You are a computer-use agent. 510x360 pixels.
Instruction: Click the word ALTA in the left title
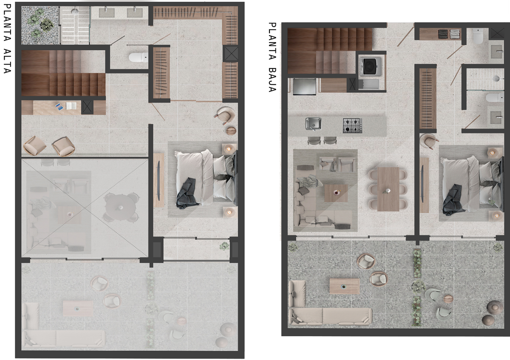(x=7, y=61)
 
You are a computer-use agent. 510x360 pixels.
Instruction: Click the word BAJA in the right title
(x=272, y=80)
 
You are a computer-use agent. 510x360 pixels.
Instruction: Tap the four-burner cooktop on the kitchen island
(x=352, y=125)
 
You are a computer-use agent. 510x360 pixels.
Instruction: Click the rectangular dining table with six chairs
(x=388, y=189)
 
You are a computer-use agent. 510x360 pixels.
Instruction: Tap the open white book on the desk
(x=71, y=106)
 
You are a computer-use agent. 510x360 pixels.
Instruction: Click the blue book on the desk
(x=59, y=107)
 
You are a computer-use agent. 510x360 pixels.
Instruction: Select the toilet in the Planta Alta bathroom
(x=138, y=57)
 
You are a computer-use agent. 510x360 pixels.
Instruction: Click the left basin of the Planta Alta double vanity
(x=107, y=13)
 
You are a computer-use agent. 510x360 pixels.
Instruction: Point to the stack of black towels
(x=442, y=34)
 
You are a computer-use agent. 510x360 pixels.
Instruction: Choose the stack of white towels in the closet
(x=455, y=34)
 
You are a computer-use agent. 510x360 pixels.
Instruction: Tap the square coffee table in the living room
(x=336, y=193)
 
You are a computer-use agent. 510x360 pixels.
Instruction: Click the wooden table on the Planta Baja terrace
(x=345, y=286)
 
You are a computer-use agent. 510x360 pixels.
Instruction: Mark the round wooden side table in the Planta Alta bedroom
(x=231, y=131)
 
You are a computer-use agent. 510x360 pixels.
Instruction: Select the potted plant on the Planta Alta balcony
(x=224, y=246)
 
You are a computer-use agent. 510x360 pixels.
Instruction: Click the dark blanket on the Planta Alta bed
(x=187, y=194)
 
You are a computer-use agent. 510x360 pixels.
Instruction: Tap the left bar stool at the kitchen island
(x=314, y=140)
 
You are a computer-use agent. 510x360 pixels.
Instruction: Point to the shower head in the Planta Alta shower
(x=75, y=11)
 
